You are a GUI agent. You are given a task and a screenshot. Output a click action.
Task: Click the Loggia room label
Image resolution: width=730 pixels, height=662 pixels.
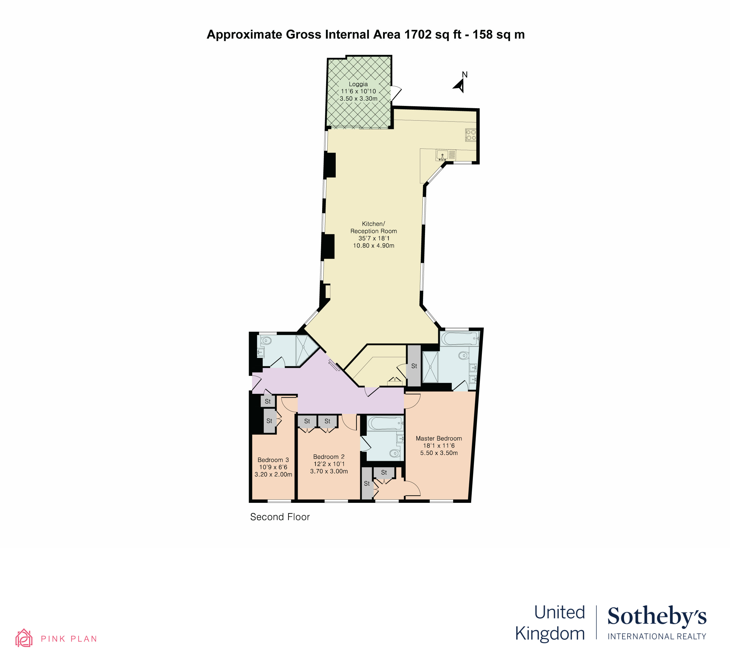[x=358, y=84]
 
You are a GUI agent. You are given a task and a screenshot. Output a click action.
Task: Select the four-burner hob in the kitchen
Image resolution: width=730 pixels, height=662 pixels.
[x=471, y=135]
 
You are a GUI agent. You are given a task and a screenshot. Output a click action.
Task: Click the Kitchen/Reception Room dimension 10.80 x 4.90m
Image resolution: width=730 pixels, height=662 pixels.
[x=374, y=246]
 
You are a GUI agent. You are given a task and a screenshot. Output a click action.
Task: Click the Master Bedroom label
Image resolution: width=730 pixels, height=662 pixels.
[x=439, y=439]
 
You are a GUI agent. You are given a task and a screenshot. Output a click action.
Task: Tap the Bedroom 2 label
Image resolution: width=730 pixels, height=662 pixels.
[x=329, y=457]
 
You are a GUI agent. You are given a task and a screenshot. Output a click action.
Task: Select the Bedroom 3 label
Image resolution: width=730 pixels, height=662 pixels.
[x=273, y=460]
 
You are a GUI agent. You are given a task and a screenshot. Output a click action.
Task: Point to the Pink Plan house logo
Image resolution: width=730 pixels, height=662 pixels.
[x=24, y=638]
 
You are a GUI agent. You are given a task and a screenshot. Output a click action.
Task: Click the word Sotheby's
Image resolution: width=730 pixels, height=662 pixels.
[x=657, y=616]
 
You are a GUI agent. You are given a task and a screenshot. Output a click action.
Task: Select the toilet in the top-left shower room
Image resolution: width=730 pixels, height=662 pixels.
[x=266, y=340]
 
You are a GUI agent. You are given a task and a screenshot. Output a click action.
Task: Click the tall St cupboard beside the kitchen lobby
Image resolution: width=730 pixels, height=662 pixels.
[x=414, y=366]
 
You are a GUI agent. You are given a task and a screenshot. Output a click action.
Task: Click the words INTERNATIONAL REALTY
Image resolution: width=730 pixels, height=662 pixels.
[x=657, y=637]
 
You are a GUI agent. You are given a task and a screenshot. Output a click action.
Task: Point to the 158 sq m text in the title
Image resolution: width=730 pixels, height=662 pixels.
[x=498, y=34]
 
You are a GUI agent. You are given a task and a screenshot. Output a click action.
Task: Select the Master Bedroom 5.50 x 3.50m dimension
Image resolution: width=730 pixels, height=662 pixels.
[x=439, y=453]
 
